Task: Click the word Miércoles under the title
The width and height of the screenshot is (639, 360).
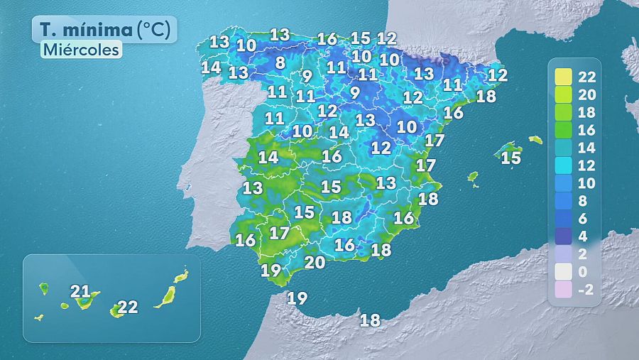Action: click(x=80, y=50)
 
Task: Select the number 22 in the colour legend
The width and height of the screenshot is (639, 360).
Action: click(x=586, y=77)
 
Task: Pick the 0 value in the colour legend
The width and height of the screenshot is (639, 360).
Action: click(x=586, y=271)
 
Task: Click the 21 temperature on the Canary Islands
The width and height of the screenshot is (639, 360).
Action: click(x=80, y=291)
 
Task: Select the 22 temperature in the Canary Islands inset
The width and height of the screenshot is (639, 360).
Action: click(x=128, y=307)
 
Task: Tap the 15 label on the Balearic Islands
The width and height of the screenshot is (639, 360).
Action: click(x=510, y=158)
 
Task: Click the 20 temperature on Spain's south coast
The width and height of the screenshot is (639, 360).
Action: click(x=315, y=261)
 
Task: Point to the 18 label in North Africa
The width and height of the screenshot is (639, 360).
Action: click(x=370, y=320)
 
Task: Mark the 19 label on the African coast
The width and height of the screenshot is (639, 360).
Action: click(x=297, y=298)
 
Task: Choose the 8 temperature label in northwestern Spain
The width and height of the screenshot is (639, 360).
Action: click(x=280, y=62)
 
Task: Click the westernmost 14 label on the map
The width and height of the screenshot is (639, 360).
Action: click(x=211, y=67)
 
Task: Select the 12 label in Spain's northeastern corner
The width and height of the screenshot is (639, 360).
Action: click(x=498, y=74)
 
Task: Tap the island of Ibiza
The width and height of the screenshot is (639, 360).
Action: click(x=472, y=177)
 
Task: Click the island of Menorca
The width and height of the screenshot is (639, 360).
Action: click(x=535, y=140)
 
